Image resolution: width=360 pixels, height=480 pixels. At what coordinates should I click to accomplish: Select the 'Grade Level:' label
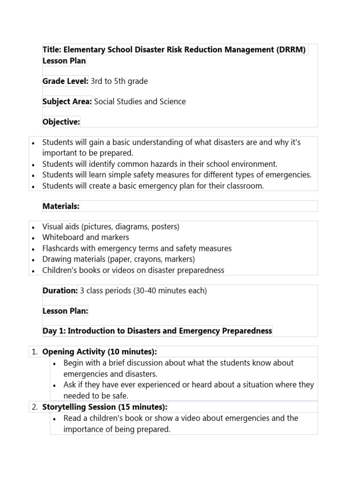click(65, 81)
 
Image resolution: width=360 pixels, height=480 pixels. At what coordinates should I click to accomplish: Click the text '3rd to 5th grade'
click(119, 81)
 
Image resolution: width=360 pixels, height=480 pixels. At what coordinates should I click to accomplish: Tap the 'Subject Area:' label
click(67, 102)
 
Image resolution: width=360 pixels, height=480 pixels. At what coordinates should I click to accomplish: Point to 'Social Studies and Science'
click(140, 102)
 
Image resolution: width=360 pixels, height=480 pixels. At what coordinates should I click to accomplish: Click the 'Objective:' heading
click(61, 122)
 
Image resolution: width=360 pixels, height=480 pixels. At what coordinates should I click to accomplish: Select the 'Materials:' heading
click(61, 206)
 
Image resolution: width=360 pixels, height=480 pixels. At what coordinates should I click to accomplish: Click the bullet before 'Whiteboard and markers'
click(33, 238)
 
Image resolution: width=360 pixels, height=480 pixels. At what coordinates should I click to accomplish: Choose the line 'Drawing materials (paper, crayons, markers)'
click(119, 259)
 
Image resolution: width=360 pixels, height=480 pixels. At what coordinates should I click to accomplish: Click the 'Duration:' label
click(60, 291)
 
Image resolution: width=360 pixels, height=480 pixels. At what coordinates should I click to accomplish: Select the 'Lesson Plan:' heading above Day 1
click(65, 311)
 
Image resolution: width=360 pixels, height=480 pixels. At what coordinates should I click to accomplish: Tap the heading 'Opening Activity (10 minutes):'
click(99, 352)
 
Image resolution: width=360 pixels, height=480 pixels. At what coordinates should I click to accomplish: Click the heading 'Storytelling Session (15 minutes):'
click(105, 407)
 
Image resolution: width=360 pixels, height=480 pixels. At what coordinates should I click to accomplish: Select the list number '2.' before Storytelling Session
click(35, 407)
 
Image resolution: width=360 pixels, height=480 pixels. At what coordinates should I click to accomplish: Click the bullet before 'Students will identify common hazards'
click(33, 165)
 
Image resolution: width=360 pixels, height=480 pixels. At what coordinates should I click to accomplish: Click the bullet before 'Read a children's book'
click(55, 419)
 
